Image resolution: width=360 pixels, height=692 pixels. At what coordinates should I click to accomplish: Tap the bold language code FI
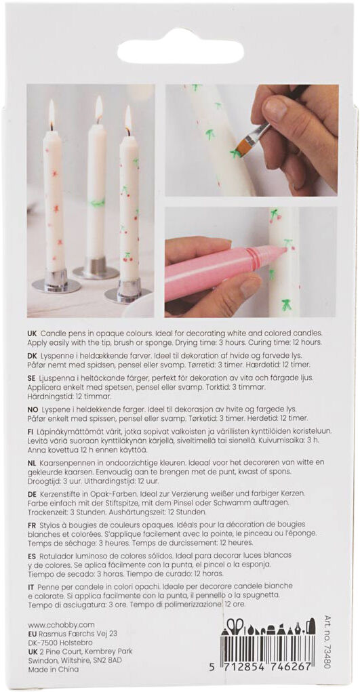coord(31,430)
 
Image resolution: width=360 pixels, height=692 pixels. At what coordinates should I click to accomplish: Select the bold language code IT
coord(31,586)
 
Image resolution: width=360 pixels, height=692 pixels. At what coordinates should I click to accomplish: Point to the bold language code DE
coord(33,493)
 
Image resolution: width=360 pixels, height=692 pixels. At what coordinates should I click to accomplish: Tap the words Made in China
coord(53,669)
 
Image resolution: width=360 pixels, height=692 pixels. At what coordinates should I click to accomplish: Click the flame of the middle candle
coord(98,108)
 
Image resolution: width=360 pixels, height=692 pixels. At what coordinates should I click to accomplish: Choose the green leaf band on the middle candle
coord(98,203)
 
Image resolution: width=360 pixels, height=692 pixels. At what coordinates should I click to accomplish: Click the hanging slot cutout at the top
coord(180,52)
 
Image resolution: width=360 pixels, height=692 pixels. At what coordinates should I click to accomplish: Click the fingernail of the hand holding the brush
coord(275,108)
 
